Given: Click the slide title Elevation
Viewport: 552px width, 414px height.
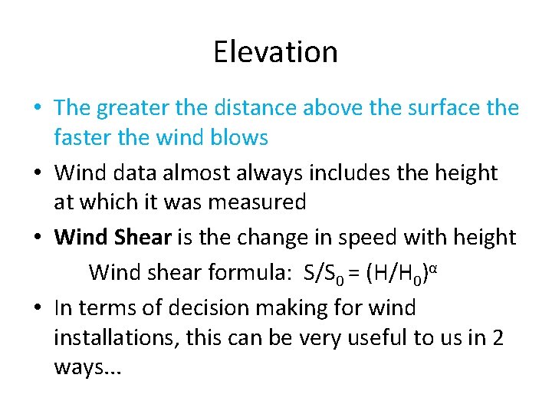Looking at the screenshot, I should (x=275, y=52).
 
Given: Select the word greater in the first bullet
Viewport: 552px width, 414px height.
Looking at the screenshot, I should (x=139, y=109).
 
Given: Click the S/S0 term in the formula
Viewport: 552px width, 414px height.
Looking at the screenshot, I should (x=324, y=272).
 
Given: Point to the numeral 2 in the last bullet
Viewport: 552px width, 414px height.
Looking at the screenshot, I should (x=498, y=337).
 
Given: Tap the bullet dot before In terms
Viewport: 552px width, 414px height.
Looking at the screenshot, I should (x=38, y=309).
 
